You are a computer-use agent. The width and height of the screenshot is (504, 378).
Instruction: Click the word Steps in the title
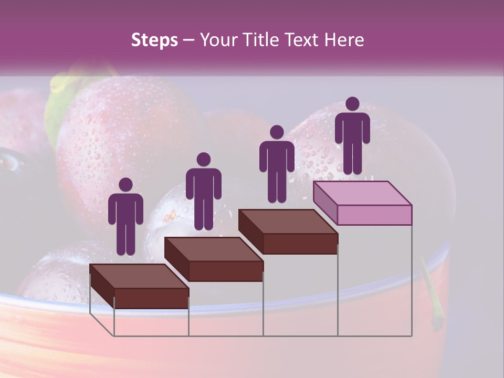point(154,40)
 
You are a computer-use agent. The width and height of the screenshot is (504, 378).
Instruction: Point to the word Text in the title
point(304,40)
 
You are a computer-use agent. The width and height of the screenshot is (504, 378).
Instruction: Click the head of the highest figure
point(352,104)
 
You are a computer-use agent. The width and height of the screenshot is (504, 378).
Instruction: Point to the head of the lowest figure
point(125,185)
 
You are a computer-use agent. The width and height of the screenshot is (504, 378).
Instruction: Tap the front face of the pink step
point(374,215)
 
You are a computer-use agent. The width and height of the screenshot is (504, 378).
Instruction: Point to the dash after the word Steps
point(188,40)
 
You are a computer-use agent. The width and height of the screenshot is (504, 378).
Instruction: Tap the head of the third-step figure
point(277,132)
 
